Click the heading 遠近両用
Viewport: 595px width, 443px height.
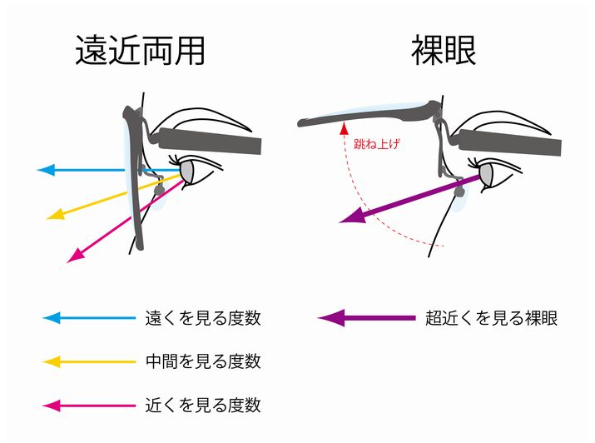tap(140, 52)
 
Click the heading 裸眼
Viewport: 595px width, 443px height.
tap(444, 52)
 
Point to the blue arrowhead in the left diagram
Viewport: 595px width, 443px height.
tap(47, 170)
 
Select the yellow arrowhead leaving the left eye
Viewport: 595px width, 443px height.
tap(57, 214)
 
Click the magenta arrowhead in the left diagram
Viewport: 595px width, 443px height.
tap(74, 256)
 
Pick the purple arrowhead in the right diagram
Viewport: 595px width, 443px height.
tap(352, 218)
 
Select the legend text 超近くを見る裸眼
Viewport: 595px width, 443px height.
tap(491, 317)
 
